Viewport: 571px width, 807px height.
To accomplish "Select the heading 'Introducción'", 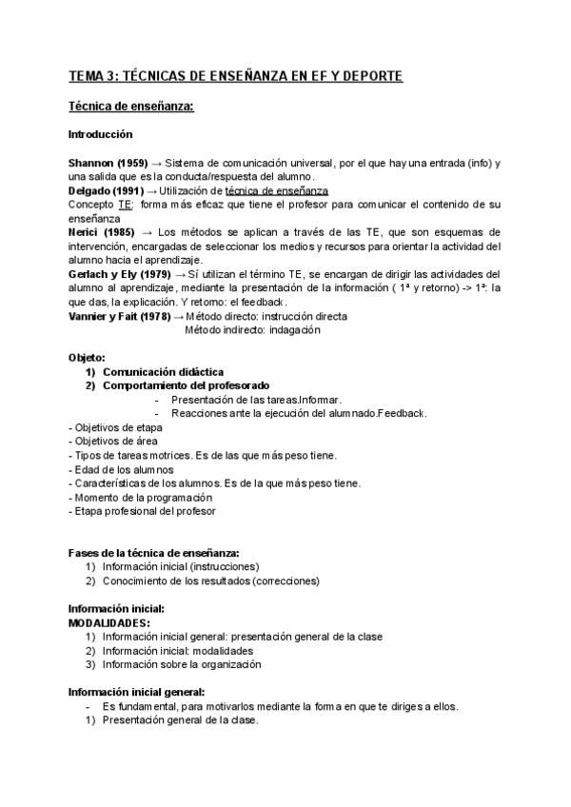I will (x=101, y=134).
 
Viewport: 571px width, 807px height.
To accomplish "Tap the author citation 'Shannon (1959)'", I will (x=108, y=164).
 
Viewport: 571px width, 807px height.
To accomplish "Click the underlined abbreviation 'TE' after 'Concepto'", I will (x=125, y=205).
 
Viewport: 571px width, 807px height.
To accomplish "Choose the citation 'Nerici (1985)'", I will (x=101, y=232).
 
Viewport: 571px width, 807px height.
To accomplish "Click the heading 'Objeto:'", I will (x=87, y=358).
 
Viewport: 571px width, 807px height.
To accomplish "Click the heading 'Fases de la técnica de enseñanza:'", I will (x=153, y=553).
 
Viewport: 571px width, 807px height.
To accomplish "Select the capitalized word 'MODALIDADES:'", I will (x=109, y=622).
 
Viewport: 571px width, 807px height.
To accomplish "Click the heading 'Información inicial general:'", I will (x=136, y=693).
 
